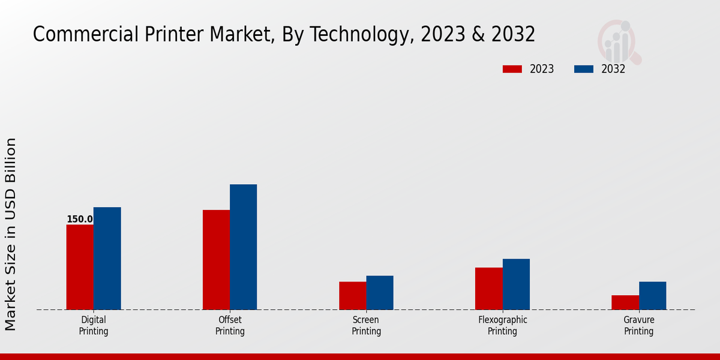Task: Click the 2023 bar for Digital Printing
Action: coord(80,267)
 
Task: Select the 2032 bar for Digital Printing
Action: coord(107,259)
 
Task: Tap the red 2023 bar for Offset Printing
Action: coord(216,260)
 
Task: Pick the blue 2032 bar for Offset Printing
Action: coord(244,247)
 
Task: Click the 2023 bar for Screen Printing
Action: coord(352,296)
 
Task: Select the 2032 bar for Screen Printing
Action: coord(380,293)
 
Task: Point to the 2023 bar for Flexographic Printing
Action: coord(489,289)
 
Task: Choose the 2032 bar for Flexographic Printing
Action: coord(516,284)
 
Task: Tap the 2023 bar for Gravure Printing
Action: coord(625,302)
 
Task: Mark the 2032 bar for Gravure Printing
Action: coord(653,296)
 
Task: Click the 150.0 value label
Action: coord(80,220)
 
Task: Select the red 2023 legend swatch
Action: coord(512,69)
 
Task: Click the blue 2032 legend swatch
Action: coord(584,69)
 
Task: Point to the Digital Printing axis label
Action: coord(94,326)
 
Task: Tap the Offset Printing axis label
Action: coord(230,326)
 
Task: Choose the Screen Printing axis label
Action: coord(366,326)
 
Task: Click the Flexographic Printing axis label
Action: coord(503,326)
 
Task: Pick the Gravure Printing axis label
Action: coord(639,326)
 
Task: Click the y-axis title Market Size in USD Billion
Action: coord(11,234)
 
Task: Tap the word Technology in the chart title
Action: coord(363,35)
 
